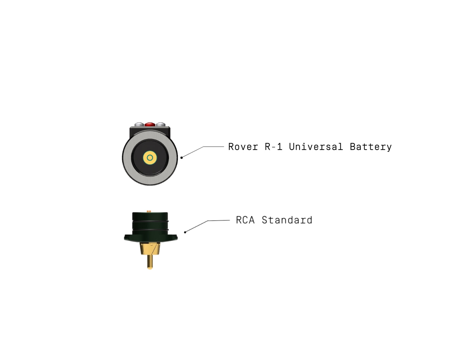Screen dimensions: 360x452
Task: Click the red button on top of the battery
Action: click(149, 124)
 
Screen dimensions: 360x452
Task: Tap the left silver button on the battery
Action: click(139, 124)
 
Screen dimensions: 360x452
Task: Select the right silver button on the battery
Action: click(160, 124)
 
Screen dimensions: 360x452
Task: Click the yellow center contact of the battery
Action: click(150, 158)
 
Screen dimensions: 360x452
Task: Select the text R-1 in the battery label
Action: click(273, 147)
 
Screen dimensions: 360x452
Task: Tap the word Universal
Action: click(315, 147)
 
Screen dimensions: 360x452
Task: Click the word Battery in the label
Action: click(371, 147)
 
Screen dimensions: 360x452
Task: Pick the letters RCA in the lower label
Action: click(245, 220)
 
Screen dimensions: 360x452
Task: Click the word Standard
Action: click(287, 220)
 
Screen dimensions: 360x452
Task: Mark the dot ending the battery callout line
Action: click(181, 157)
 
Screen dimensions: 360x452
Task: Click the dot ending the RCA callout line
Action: click(185, 232)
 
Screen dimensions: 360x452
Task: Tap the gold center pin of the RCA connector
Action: click(149, 262)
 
